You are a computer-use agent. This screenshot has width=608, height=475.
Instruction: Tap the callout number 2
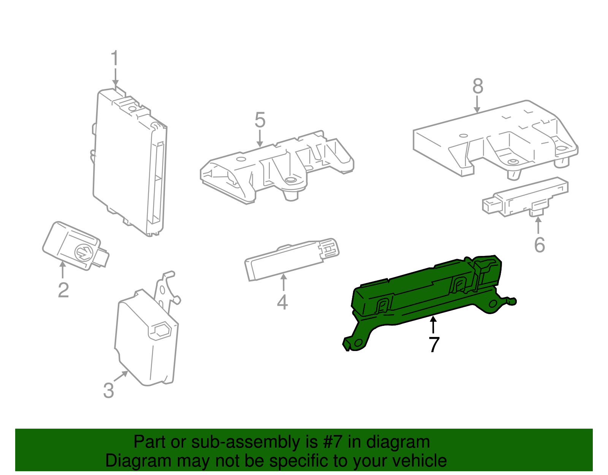(x=63, y=290)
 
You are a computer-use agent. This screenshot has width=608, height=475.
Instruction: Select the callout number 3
(x=109, y=391)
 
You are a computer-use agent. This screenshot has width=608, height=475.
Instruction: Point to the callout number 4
(x=282, y=302)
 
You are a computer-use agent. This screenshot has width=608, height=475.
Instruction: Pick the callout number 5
(x=260, y=120)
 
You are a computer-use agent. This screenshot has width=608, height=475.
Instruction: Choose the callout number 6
(x=540, y=245)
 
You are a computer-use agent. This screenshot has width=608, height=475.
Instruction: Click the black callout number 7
(x=434, y=345)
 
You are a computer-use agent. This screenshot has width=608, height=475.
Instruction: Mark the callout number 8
(x=478, y=86)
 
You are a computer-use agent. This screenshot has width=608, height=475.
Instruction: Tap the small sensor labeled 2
(x=76, y=246)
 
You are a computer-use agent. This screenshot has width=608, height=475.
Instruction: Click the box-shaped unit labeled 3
(x=147, y=336)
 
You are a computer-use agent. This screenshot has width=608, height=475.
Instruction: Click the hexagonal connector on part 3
(x=160, y=330)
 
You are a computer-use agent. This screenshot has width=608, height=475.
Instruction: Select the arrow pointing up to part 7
(x=434, y=324)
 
